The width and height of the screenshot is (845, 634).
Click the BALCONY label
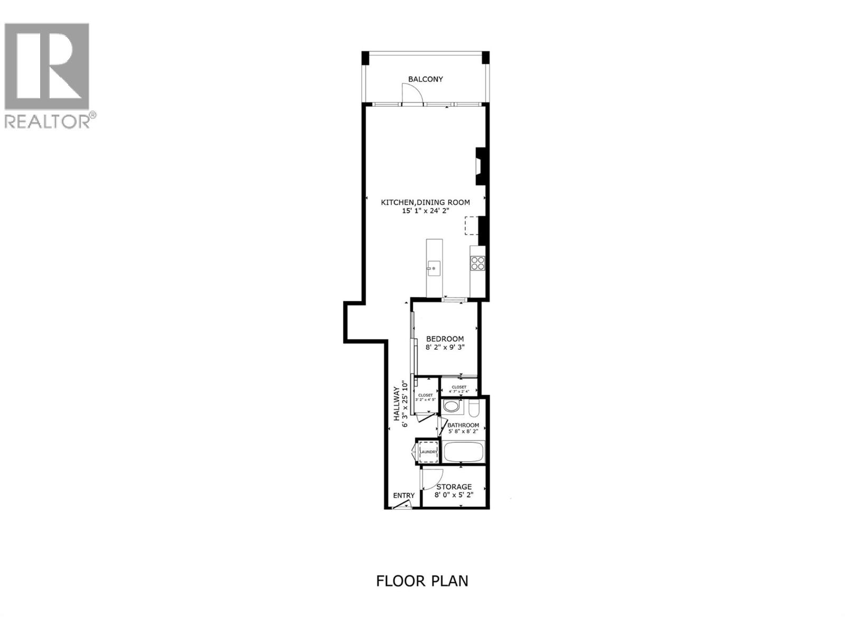[425, 79]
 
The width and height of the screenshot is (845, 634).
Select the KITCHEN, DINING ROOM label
[426, 202]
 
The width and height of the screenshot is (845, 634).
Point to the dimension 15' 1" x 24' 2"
[426, 211]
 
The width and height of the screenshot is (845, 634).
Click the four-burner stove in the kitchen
[477, 263]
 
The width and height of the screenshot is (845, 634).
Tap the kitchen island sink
[434, 268]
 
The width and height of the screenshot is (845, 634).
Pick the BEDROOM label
[445, 339]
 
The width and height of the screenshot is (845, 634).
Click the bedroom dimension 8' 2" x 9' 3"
[445, 348]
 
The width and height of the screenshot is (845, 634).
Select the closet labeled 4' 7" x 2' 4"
[459, 388]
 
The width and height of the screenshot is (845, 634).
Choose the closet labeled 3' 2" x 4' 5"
[426, 397]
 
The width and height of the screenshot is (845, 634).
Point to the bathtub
[463, 452]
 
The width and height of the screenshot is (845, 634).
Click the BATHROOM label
[463, 425]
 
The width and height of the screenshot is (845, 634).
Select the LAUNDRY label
[428, 452]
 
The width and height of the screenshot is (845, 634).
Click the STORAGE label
[454, 487]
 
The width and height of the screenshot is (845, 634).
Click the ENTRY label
[403, 496]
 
